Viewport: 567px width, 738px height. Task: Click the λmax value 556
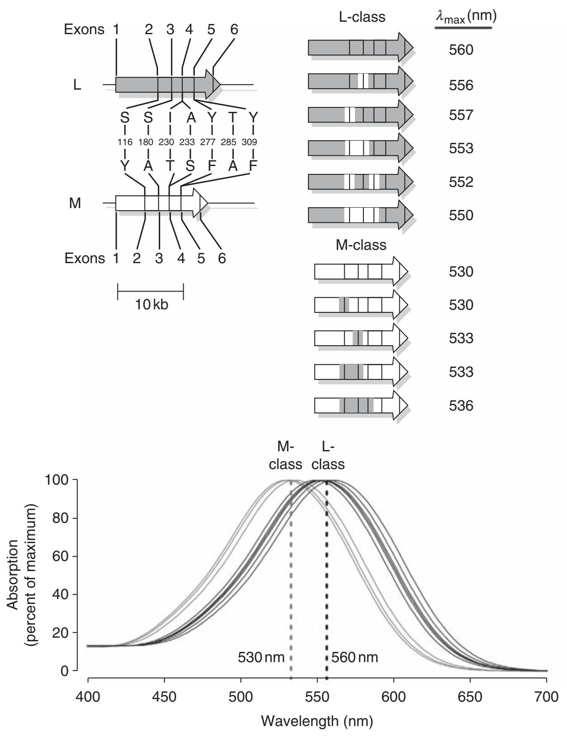(461, 85)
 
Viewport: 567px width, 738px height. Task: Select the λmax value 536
(461, 406)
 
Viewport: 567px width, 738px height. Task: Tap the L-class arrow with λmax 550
(360, 215)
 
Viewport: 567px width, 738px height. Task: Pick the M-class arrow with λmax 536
(360, 405)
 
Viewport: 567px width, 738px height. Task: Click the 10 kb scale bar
(150, 292)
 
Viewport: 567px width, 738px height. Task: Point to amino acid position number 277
(212, 142)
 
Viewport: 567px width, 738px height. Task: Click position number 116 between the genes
(125, 142)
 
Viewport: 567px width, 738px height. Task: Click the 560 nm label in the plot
(355, 657)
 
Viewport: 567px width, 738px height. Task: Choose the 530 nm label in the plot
(261, 657)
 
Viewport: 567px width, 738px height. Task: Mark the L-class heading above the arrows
(360, 17)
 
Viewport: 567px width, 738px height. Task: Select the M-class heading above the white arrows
(361, 245)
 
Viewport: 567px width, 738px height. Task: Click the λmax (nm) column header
(465, 17)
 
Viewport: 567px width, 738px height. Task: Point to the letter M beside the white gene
(75, 204)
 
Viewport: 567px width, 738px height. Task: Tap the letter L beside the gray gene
(77, 85)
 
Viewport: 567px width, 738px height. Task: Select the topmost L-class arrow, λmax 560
(360, 47)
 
